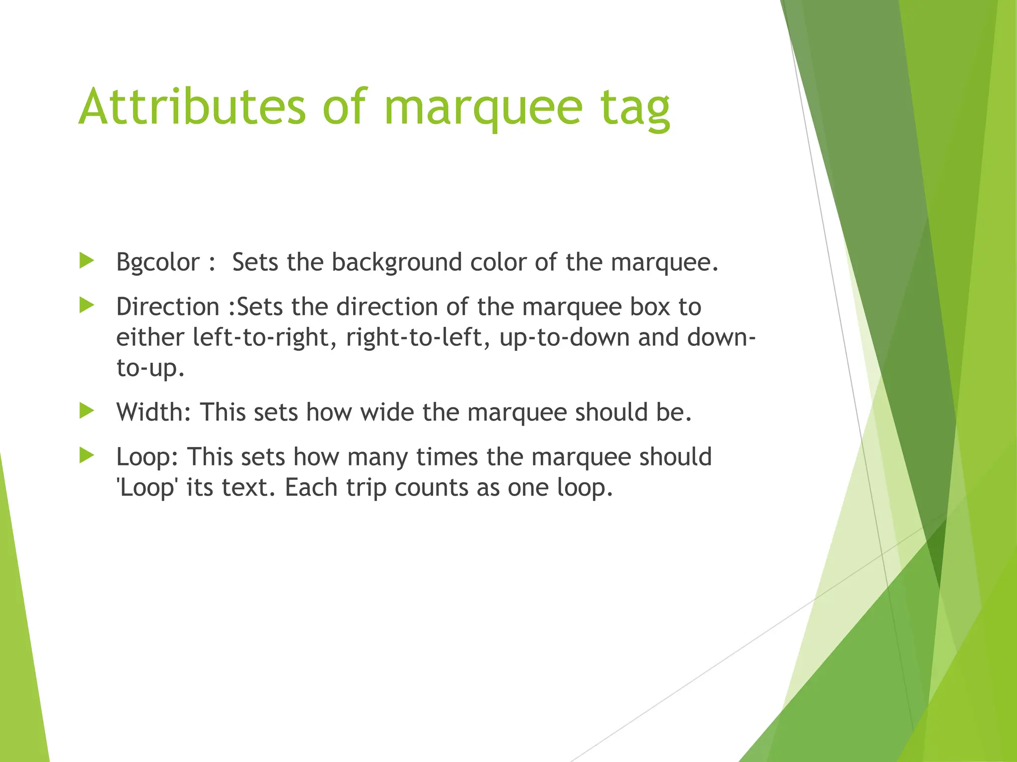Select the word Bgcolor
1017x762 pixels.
tap(158, 262)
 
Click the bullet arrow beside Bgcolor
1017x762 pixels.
tap(87, 260)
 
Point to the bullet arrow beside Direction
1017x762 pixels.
tap(87, 305)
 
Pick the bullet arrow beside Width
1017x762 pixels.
tap(87, 410)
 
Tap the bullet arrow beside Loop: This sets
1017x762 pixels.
tap(87, 455)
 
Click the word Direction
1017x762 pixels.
tap(168, 307)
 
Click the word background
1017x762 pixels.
tap(397, 262)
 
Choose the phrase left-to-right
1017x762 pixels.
tap(261, 338)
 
